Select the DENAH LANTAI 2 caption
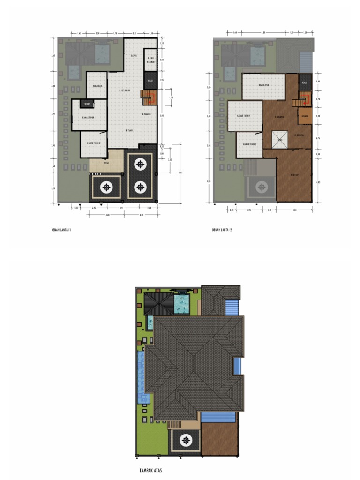222,230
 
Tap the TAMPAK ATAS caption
150,470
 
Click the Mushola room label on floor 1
97,86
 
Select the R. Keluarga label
124,90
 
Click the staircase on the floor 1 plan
149,98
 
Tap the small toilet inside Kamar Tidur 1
86,104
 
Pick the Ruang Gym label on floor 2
263,85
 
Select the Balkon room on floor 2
304,116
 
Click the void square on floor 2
280,139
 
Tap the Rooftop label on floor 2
294,175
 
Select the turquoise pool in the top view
181,303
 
